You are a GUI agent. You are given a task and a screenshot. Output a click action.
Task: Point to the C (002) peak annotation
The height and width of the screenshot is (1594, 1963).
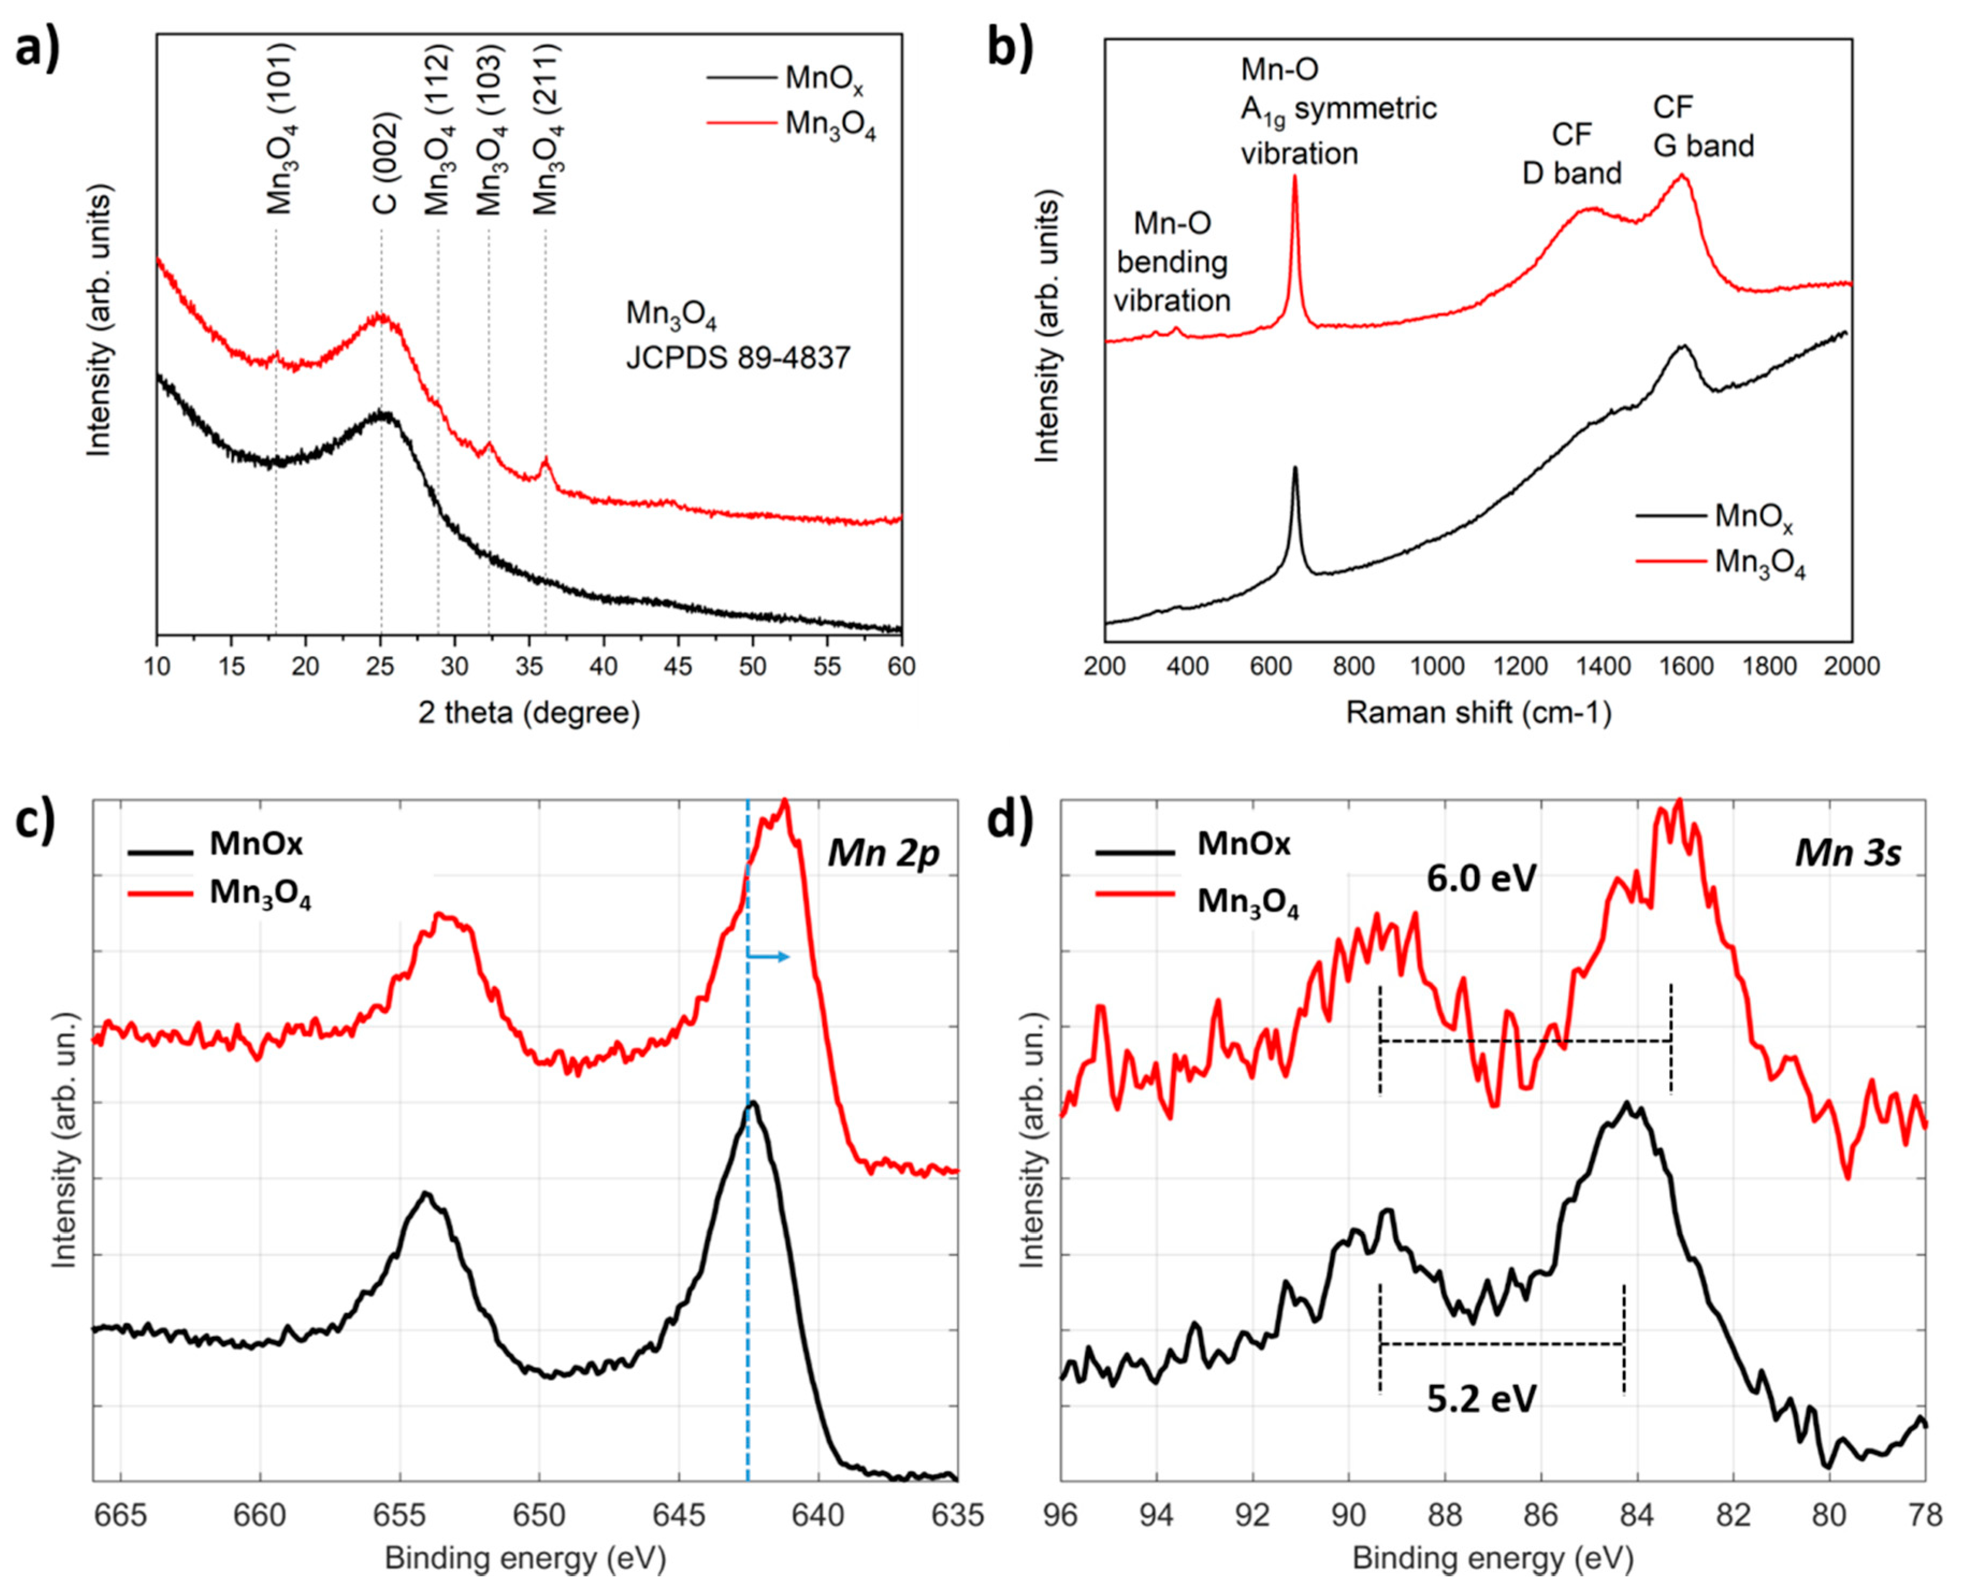[385, 163]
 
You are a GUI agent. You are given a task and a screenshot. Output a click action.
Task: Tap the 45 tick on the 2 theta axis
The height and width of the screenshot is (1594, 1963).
[678, 666]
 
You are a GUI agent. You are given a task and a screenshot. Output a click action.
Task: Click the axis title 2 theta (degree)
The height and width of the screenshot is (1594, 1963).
[529, 713]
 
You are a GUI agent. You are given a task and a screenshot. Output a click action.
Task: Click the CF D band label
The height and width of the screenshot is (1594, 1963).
[1572, 154]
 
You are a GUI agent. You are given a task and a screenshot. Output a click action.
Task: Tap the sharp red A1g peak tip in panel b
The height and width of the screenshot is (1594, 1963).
[1294, 177]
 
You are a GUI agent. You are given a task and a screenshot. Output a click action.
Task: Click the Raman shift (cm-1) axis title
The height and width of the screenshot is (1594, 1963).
[1478, 713]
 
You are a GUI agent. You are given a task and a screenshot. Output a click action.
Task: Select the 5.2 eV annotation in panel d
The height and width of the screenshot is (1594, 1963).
[1481, 1399]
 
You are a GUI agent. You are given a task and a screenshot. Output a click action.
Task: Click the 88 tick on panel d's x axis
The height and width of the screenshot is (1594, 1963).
[1445, 1514]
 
